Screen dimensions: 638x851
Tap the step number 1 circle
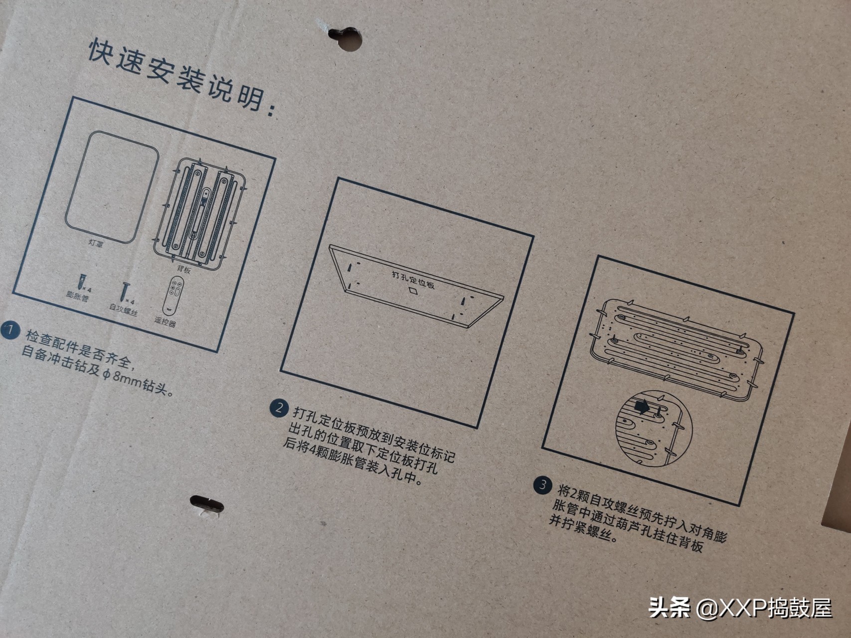coord(10,330)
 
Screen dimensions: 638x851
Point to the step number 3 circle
coord(542,485)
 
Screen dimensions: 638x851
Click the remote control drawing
coord(173,296)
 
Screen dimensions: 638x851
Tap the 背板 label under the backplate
coord(184,270)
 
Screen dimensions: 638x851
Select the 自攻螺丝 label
coord(123,310)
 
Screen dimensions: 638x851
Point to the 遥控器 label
coord(165,321)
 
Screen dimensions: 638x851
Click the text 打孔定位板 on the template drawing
coord(413,280)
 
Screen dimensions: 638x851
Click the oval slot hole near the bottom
coord(207,503)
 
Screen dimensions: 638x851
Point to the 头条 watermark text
coord(670,608)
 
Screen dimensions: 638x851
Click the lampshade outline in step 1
coord(112,186)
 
